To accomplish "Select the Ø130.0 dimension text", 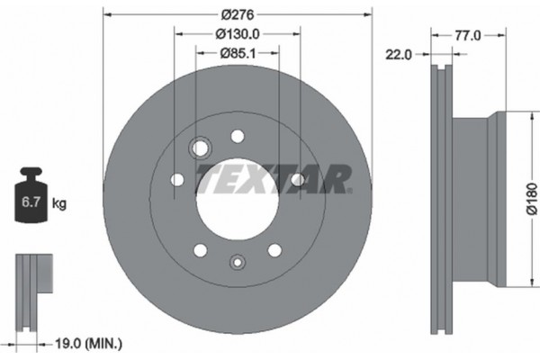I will [x=238, y=34].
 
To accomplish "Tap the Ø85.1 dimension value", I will [x=238, y=53].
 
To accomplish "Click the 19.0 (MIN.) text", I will [x=88, y=344].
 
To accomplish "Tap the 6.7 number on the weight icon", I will [x=29, y=204].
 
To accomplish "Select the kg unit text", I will [x=59, y=204].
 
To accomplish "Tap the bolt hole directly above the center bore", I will [x=238, y=136].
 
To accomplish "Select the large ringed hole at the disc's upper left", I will [x=200, y=147].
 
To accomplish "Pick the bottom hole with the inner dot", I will [x=237, y=263].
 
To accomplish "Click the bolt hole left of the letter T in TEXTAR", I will [x=177, y=180].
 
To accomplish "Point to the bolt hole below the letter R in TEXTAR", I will [x=297, y=181].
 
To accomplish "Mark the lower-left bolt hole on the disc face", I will [x=200, y=249].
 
